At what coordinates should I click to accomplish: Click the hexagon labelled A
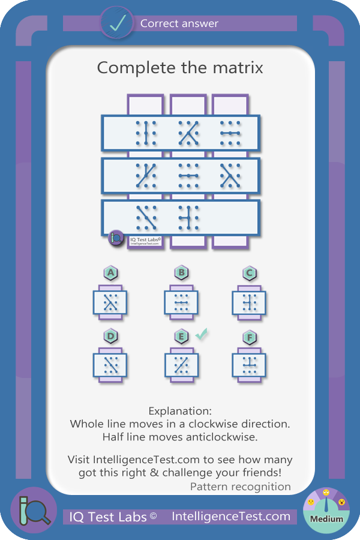(110, 273)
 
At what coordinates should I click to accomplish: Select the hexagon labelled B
(182, 273)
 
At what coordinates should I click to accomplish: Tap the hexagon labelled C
(250, 274)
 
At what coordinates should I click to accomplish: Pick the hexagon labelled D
(110, 337)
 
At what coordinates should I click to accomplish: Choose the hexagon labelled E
(182, 337)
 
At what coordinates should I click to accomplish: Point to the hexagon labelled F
(250, 337)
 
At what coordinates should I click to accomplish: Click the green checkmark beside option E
(201, 334)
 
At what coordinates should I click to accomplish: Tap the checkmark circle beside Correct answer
(116, 23)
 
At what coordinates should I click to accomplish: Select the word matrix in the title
(238, 67)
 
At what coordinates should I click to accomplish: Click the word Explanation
(180, 411)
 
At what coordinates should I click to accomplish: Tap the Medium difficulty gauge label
(326, 518)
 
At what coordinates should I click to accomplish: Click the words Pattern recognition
(241, 487)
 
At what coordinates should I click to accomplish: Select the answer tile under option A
(110, 303)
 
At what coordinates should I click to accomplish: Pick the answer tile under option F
(249, 365)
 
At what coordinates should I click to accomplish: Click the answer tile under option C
(249, 303)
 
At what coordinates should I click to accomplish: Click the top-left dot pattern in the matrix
(146, 133)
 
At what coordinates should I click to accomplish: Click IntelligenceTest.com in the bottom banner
(231, 517)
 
